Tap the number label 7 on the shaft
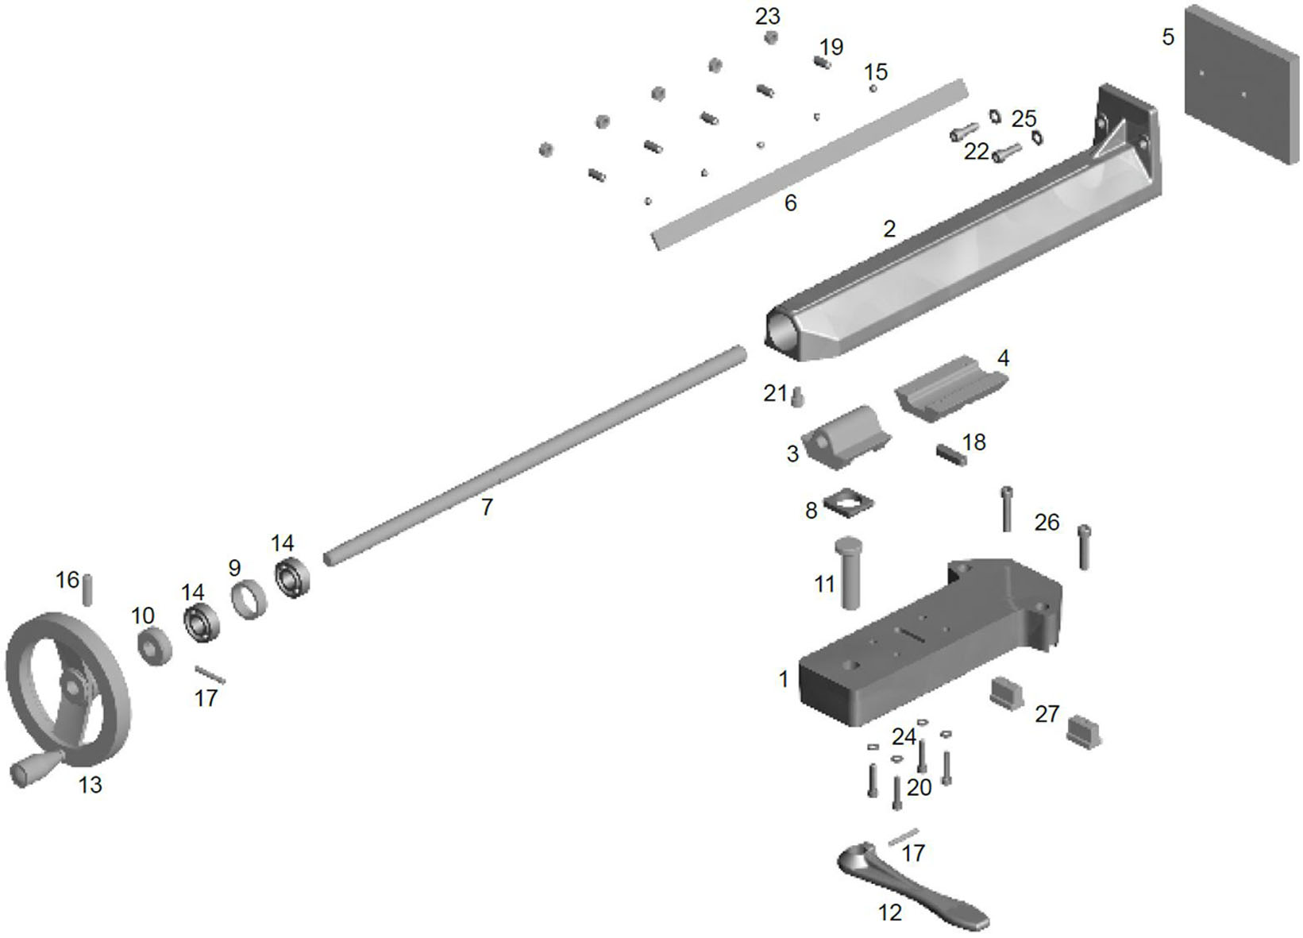(487, 507)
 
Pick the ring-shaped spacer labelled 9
(249, 600)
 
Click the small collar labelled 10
(154, 646)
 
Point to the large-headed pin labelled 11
(848, 572)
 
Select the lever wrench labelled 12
(913, 889)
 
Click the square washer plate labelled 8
(849, 502)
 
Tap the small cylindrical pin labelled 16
(88, 589)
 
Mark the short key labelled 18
(950, 456)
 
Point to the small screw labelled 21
(797, 396)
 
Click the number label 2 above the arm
(889, 229)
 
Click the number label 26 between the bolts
(1047, 522)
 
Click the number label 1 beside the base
(784, 679)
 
